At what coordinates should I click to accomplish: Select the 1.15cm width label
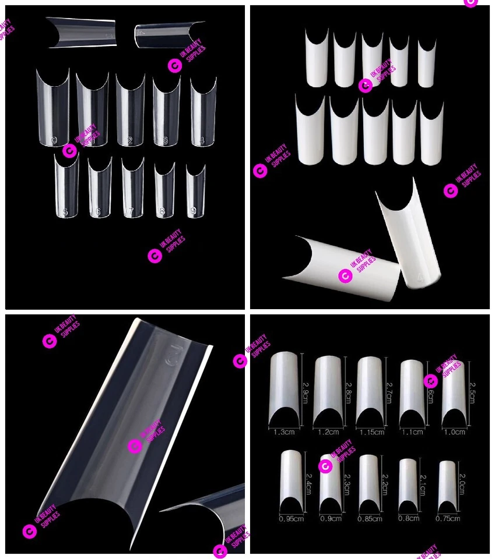pos(371,432)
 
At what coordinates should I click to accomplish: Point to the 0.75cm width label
pos(448,518)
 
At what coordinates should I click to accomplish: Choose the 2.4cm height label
pos(308,483)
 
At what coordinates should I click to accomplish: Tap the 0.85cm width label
pos(370,518)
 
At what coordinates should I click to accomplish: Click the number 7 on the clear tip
pos(132,212)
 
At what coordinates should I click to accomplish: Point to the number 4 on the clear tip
pos(202,140)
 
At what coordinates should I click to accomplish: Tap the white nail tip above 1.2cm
pos(328,390)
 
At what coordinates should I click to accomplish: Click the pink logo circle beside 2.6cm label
pos(431,381)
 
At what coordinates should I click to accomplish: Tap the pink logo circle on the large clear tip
pos(135,446)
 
